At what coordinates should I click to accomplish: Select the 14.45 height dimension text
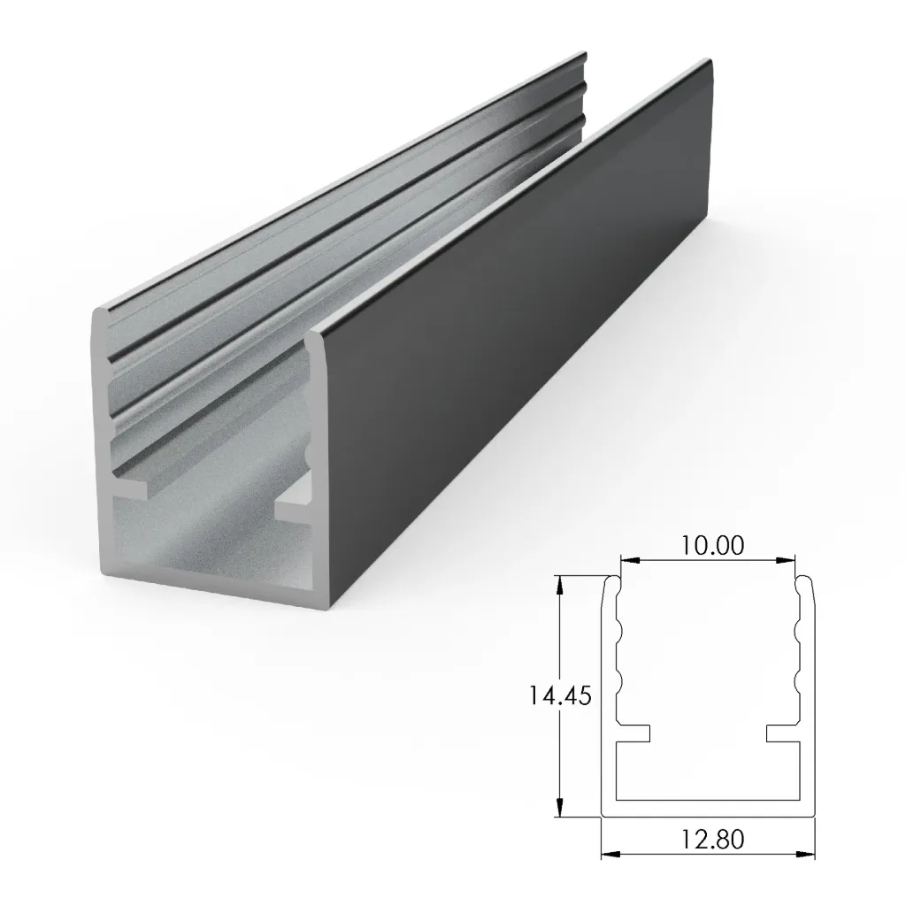click(x=560, y=695)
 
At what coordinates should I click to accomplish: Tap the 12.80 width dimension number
click(x=708, y=836)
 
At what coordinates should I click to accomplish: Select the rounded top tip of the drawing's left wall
click(x=610, y=580)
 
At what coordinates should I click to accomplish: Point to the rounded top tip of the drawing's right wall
click(x=806, y=580)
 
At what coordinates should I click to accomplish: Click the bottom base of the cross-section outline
click(x=708, y=809)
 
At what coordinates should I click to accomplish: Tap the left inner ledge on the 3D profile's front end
click(x=133, y=486)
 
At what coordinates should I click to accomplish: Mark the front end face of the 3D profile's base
click(x=221, y=593)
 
